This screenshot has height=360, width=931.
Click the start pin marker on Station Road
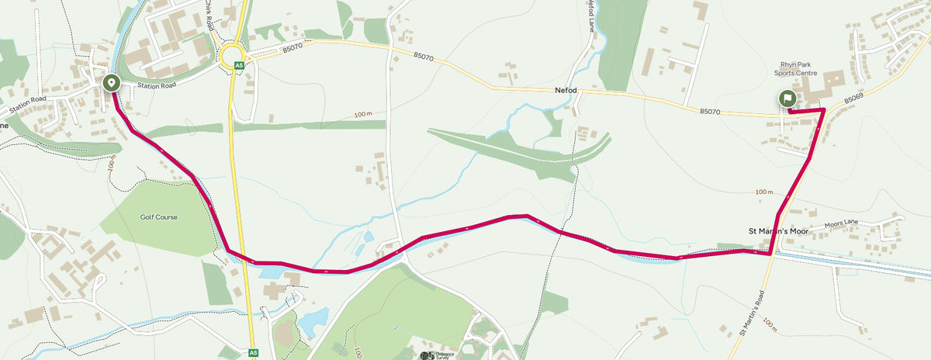111,82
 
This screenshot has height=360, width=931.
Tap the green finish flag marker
787,99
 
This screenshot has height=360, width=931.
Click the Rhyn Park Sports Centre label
795,69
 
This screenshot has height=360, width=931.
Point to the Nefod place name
566,91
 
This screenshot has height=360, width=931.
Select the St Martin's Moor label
777,231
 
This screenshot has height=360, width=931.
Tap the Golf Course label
159,217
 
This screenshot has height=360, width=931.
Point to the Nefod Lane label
590,14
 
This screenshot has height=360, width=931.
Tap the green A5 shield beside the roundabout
240,65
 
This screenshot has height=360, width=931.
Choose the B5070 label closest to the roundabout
292,48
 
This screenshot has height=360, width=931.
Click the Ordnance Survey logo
434,355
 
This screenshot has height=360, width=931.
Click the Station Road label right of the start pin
152,85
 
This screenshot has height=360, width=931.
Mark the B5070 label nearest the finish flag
711,112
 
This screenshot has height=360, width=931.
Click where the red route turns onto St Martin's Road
770,253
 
